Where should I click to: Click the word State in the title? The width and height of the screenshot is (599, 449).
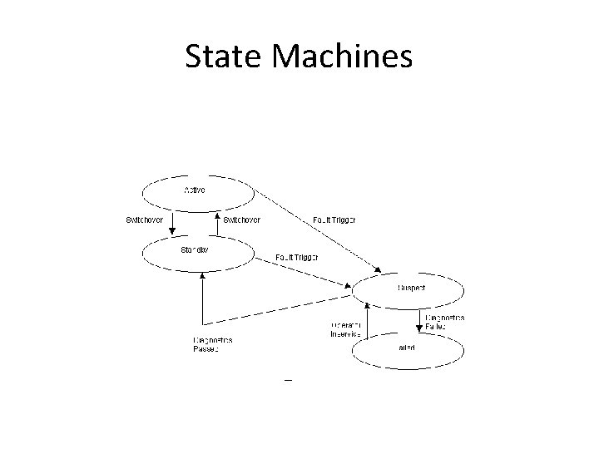(220, 57)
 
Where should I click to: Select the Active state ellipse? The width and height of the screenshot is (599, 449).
(197, 193)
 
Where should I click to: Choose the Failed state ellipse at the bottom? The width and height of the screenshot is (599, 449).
(408, 350)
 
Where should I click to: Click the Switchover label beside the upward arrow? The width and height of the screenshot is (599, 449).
(242, 220)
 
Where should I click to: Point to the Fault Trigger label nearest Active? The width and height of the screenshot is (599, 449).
(334, 220)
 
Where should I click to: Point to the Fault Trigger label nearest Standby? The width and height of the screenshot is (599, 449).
(297, 257)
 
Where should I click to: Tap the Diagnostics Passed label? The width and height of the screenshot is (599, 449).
(212, 344)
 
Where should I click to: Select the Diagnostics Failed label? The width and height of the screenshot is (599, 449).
(445, 322)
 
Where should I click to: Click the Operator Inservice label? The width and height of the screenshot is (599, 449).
(344, 328)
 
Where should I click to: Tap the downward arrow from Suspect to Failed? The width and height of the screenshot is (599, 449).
(419, 320)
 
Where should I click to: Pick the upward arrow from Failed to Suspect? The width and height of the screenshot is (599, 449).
(367, 320)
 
